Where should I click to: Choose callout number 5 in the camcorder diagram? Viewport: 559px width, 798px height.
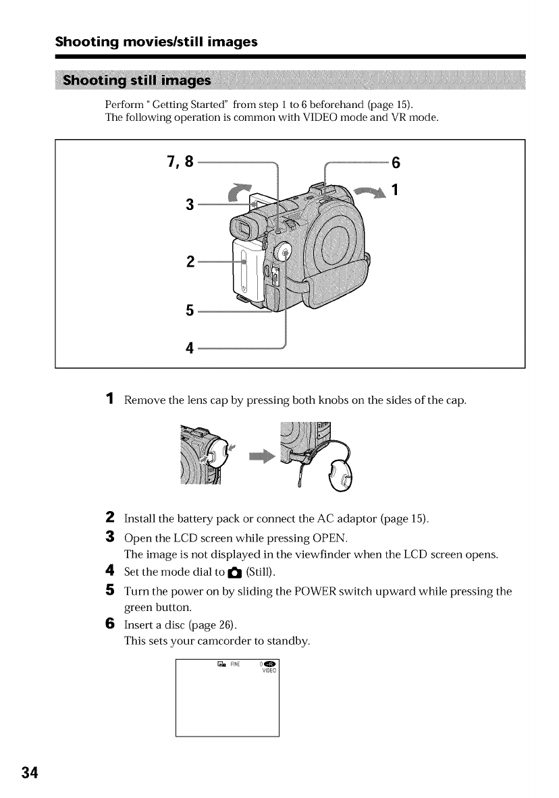point(190,311)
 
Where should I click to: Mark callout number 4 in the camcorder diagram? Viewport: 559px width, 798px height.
point(190,348)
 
